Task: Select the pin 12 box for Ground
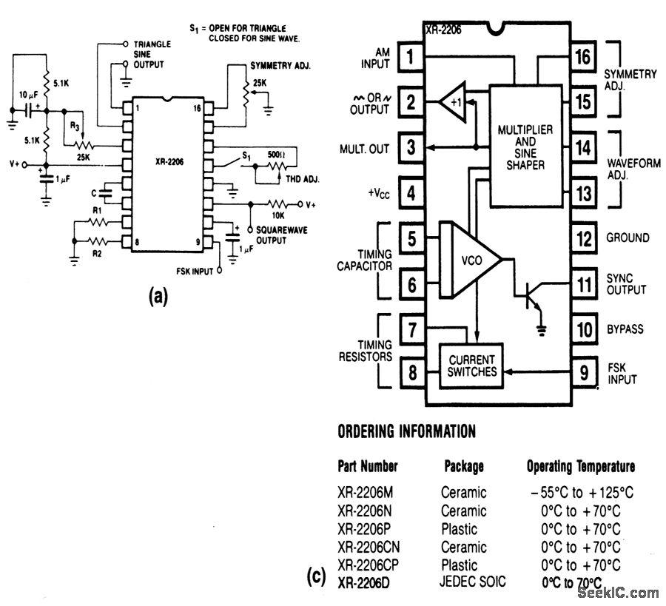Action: [585, 238]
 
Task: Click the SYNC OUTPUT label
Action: [626, 283]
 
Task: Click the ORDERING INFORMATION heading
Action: [406, 431]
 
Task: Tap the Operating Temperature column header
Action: [580, 466]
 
